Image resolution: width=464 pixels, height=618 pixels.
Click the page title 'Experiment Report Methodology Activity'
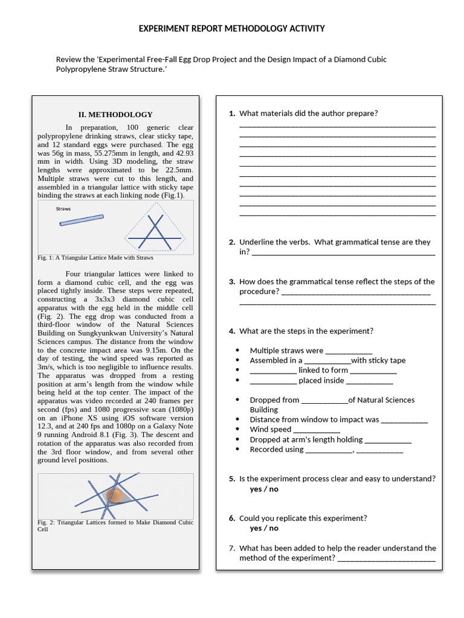pos(232,28)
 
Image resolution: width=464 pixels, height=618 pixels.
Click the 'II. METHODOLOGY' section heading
pos(115,114)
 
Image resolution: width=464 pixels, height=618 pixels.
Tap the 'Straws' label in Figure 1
pos(63,209)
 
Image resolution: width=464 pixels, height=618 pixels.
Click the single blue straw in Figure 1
pos(81,220)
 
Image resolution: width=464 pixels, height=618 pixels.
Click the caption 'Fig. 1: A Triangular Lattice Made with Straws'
pos(95,258)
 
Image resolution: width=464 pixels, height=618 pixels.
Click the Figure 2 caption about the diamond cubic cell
pos(115,525)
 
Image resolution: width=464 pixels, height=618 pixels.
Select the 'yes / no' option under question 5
pos(264,489)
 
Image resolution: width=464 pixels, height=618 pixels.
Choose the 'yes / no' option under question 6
pos(264,528)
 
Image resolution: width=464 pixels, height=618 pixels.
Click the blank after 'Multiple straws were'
pos(349,351)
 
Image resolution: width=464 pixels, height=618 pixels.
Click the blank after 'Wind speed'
pos(317,430)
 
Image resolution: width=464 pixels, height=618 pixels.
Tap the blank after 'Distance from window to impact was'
pos(404,420)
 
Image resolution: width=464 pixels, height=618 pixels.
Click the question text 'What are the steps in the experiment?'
pos(306,331)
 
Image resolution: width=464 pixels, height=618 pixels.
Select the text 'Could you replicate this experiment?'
pos(303,518)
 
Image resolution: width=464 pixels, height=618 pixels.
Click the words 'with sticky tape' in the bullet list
pos(378,360)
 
